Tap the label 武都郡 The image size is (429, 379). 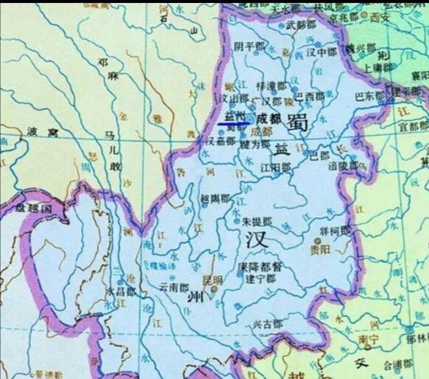pos(300,26)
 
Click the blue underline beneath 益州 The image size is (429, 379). pos(233,123)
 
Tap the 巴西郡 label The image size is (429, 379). pos(310,97)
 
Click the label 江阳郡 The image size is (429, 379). pos(276,169)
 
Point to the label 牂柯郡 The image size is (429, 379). pos(336,230)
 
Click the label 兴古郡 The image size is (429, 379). pos(266,325)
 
